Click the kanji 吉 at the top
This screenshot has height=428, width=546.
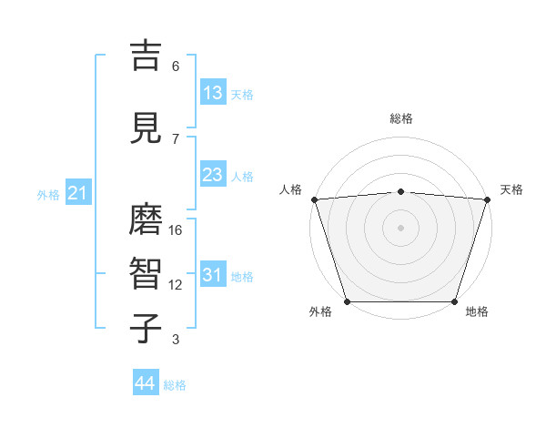[x=147, y=56]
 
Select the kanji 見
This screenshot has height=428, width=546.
[x=147, y=128]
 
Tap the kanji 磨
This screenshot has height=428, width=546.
[x=147, y=219]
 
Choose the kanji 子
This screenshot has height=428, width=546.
[x=147, y=328]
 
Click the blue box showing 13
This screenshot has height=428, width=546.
[x=213, y=93]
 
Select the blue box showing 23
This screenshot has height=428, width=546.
[x=213, y=175]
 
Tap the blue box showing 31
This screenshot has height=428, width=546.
[x=213, y=275]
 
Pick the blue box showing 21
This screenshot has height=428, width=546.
[x=78, y=193]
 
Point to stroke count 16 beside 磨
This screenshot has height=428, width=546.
[x=176, y=230]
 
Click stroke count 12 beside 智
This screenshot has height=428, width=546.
[x=176, y=285]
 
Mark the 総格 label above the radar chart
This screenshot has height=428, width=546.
[x=400, y=118]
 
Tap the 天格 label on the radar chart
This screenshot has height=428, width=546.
[x=511, y=189]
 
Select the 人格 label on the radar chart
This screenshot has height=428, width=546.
[x=290, y=189]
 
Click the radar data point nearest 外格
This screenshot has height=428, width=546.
[x=347, y=301]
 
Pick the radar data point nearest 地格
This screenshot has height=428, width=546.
[x=455, y=301]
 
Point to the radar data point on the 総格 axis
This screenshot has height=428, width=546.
[x=400, y=191]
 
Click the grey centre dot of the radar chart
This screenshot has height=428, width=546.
[x=400, y=227]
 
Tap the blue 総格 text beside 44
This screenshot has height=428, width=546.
[x=175, y=385]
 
